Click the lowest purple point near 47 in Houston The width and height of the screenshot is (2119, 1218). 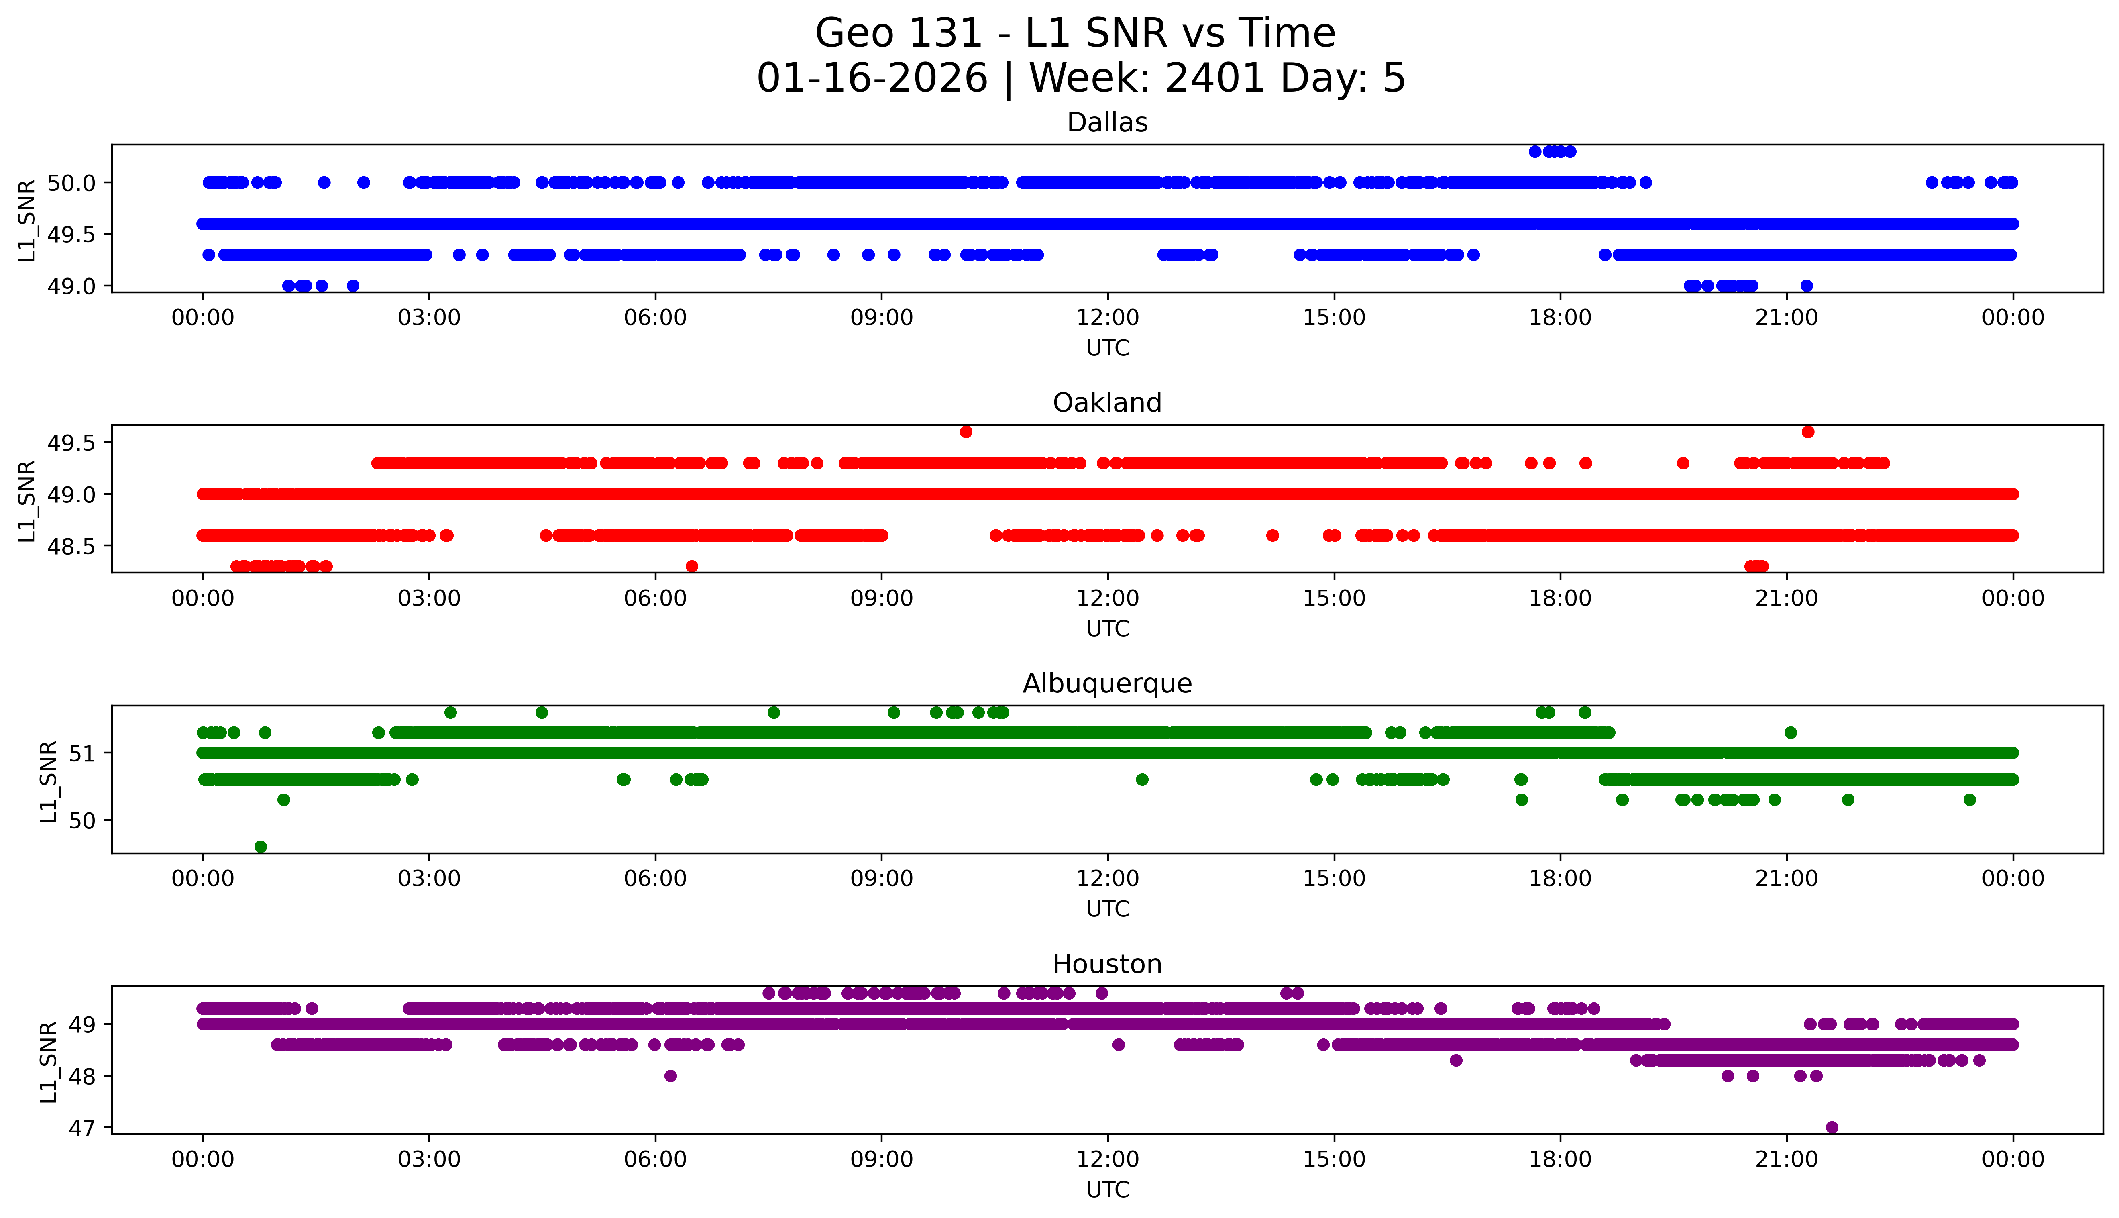click(x=1831, y=1127)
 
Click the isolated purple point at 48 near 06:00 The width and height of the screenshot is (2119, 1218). click(x=670, y=1076)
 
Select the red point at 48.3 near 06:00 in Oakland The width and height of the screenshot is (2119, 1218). click(x=692, y=566)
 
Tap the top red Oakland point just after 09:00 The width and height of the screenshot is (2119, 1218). click(x=966, y=432)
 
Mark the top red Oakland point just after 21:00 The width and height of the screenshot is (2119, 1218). click(x=1808, y=432)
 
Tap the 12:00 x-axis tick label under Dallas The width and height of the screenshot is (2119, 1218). click(x=1107, y=318)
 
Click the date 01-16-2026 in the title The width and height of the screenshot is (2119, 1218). click(x=872, y=79)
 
